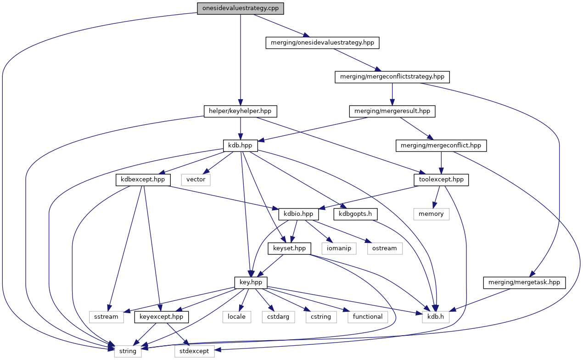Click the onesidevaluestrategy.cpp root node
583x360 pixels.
point(240,9)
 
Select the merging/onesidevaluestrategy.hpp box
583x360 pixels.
point(323,43)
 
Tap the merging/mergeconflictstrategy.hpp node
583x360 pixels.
point(392,77)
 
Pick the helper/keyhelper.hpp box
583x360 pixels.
point(240,111)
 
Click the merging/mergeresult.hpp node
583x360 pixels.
point(392,111)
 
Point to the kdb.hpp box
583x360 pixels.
point(240,145)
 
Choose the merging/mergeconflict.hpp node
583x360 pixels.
point(441,145)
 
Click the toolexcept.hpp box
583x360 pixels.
point(441,180)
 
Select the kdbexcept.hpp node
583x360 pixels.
point(143,180)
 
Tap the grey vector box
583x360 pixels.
point(196,180)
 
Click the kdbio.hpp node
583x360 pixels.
point(298,214)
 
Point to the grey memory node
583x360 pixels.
point(431,214)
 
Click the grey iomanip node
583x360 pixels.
point(339,248)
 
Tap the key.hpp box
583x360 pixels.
point(251,282)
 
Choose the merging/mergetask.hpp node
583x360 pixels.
point(524,282)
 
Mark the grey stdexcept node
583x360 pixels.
point(194,351)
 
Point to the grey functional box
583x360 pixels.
point(368,317)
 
